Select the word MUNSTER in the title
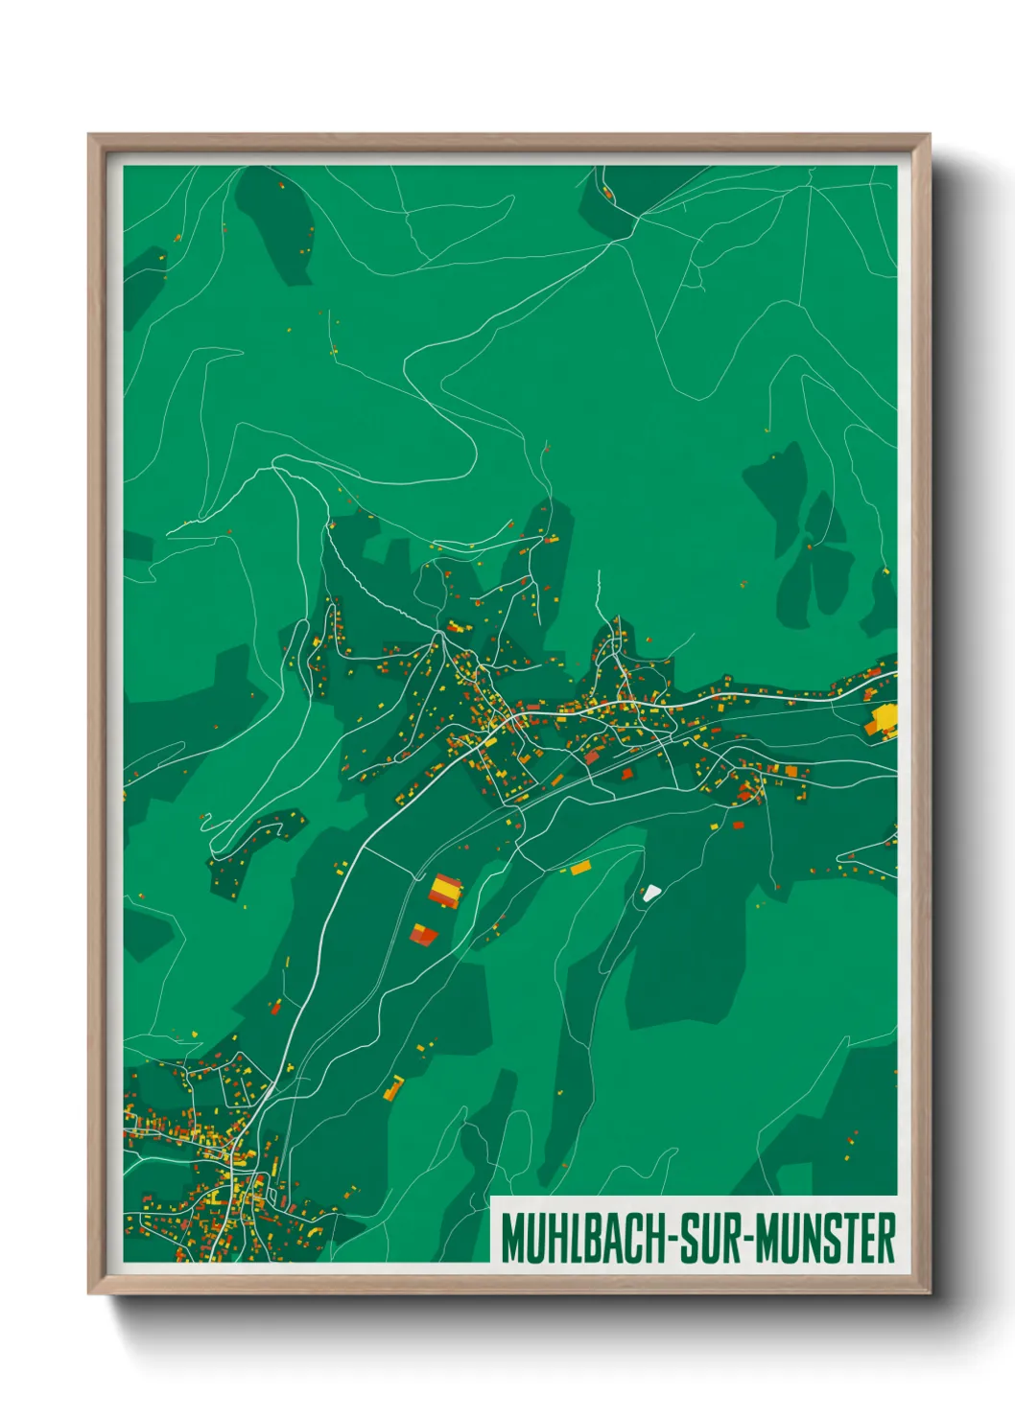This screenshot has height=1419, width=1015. (826, 1238)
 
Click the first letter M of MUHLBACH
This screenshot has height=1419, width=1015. (510, 1238)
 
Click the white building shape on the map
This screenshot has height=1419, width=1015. (651, 893)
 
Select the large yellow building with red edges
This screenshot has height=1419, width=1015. (445, 890)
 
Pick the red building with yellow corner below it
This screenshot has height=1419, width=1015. (423, 934)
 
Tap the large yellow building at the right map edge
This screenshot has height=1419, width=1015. (884, 718)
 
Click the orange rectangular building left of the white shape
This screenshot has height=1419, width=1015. (580, 868)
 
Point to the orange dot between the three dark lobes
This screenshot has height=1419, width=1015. (809, 547)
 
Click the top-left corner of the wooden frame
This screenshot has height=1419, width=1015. (89, 135)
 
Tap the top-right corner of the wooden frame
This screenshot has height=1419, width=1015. (929, 135)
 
